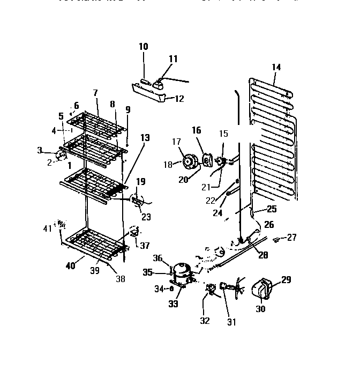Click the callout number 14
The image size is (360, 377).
[276, 67]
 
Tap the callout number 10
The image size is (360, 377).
[143, 47]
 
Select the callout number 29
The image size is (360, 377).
[287, 279]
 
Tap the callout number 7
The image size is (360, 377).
[95, 93]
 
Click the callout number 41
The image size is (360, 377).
[48, 228]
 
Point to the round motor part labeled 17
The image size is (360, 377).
[189, 160]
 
